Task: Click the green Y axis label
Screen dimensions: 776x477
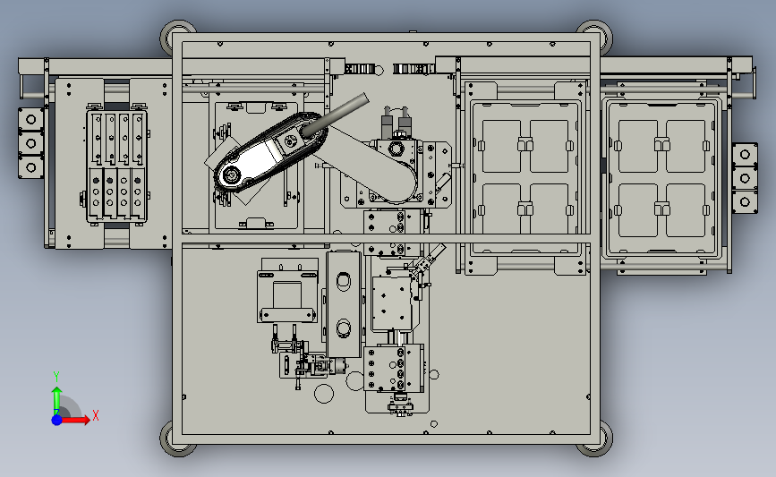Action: (56, 377)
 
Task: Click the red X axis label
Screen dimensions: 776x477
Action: (96, 415)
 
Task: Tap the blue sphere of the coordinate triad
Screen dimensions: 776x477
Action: (57, 420)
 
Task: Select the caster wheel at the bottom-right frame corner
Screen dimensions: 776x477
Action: (595, 440)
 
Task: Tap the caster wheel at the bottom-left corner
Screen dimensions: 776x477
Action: (177, 440)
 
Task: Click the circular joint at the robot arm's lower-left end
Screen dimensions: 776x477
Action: (230, 175)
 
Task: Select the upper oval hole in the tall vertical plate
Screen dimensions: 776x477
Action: (344, 280)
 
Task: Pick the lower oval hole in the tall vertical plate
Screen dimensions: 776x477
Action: (344, 327)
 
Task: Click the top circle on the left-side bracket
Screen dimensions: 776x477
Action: (31, 119)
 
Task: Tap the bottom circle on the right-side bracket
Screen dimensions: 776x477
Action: (745, 202)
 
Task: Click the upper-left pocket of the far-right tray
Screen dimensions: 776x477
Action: (637, 146)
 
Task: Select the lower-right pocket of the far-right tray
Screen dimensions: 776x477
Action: (686, 209)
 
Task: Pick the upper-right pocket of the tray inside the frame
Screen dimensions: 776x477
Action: (550, 146)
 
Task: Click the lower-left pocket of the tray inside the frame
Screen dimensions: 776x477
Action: (501, 209)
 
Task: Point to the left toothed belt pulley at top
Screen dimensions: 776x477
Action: (358, 69)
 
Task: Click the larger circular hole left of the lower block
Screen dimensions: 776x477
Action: (324, 394)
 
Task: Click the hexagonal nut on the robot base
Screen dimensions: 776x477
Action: (395, 149)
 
